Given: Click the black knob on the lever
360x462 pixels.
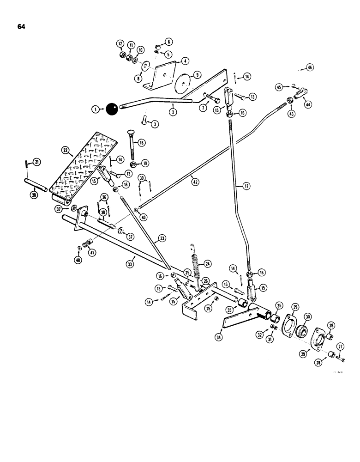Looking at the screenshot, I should pos(112,110).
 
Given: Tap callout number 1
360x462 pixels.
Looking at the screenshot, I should pos(96,109).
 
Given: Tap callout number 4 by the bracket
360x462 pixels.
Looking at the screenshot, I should pos(184,60).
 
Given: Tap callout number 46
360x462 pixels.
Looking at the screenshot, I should pos(310,67).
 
